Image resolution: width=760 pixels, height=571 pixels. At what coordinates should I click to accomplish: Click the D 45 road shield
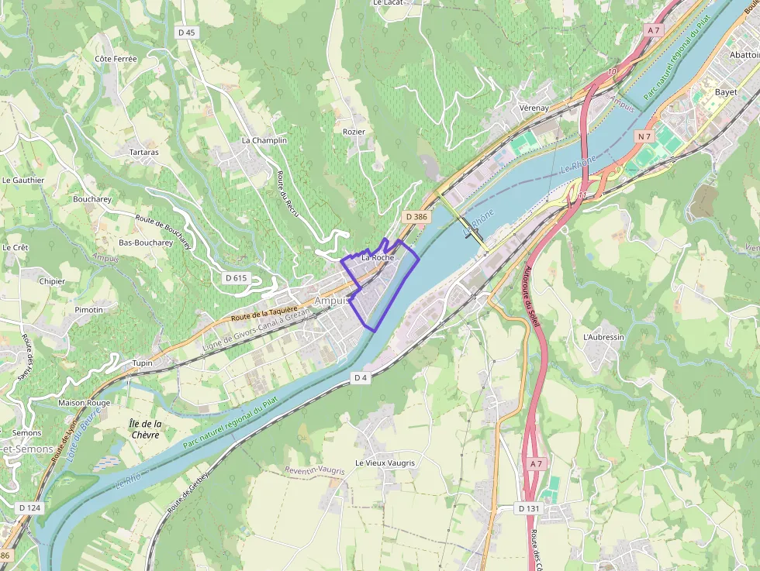tap(186, 32)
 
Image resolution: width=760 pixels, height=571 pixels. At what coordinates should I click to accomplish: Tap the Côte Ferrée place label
tap(116, 59)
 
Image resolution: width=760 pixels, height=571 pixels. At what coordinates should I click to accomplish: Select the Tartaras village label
tap(143, 152)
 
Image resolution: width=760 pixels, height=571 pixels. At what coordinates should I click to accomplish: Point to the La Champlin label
tap(264, 140)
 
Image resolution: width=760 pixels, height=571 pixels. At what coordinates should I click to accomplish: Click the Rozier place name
tap(354, 132)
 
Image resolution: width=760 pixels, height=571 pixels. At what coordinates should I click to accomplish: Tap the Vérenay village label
tap(534, 108)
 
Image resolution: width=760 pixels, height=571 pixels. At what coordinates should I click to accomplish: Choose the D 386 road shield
tap(416, 218)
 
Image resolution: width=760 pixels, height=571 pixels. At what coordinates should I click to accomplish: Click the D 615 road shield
tap(236, 277)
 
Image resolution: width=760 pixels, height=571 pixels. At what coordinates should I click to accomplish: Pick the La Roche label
tap(378, 257)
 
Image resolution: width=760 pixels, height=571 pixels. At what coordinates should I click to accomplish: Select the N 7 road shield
tap(644, 136)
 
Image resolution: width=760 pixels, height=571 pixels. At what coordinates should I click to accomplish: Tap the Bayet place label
tap(726, 91)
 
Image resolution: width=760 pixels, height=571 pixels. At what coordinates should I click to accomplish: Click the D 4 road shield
tap(360, 377)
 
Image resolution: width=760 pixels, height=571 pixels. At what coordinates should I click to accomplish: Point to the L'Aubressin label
tap(603, 337)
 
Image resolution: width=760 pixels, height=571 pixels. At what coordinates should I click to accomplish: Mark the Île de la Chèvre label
tap(145, 429)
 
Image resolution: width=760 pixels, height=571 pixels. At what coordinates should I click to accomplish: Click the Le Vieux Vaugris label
tap(385, 463)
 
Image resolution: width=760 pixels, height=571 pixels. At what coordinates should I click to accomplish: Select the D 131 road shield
tap(527, 508)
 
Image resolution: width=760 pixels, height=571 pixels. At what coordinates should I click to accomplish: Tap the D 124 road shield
tap(29, 507)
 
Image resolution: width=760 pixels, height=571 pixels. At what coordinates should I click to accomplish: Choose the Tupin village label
tap(143, 363)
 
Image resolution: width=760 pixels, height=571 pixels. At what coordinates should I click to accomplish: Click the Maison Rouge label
tap(85, 403)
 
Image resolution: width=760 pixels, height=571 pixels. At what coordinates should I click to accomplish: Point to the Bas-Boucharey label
tap(146, 243)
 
